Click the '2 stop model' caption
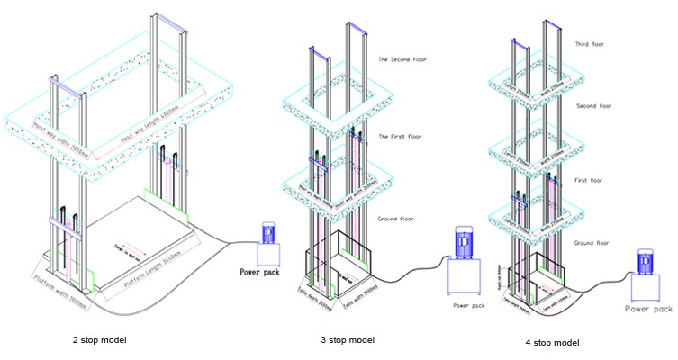coord(99,339)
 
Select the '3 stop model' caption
coord(347,339)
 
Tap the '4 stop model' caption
coord(552,342)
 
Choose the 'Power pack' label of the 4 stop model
coord(649,309)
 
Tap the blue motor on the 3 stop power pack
coord(463,241)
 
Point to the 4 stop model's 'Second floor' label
coord(593,106)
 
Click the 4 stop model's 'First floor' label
coord(590,181)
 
